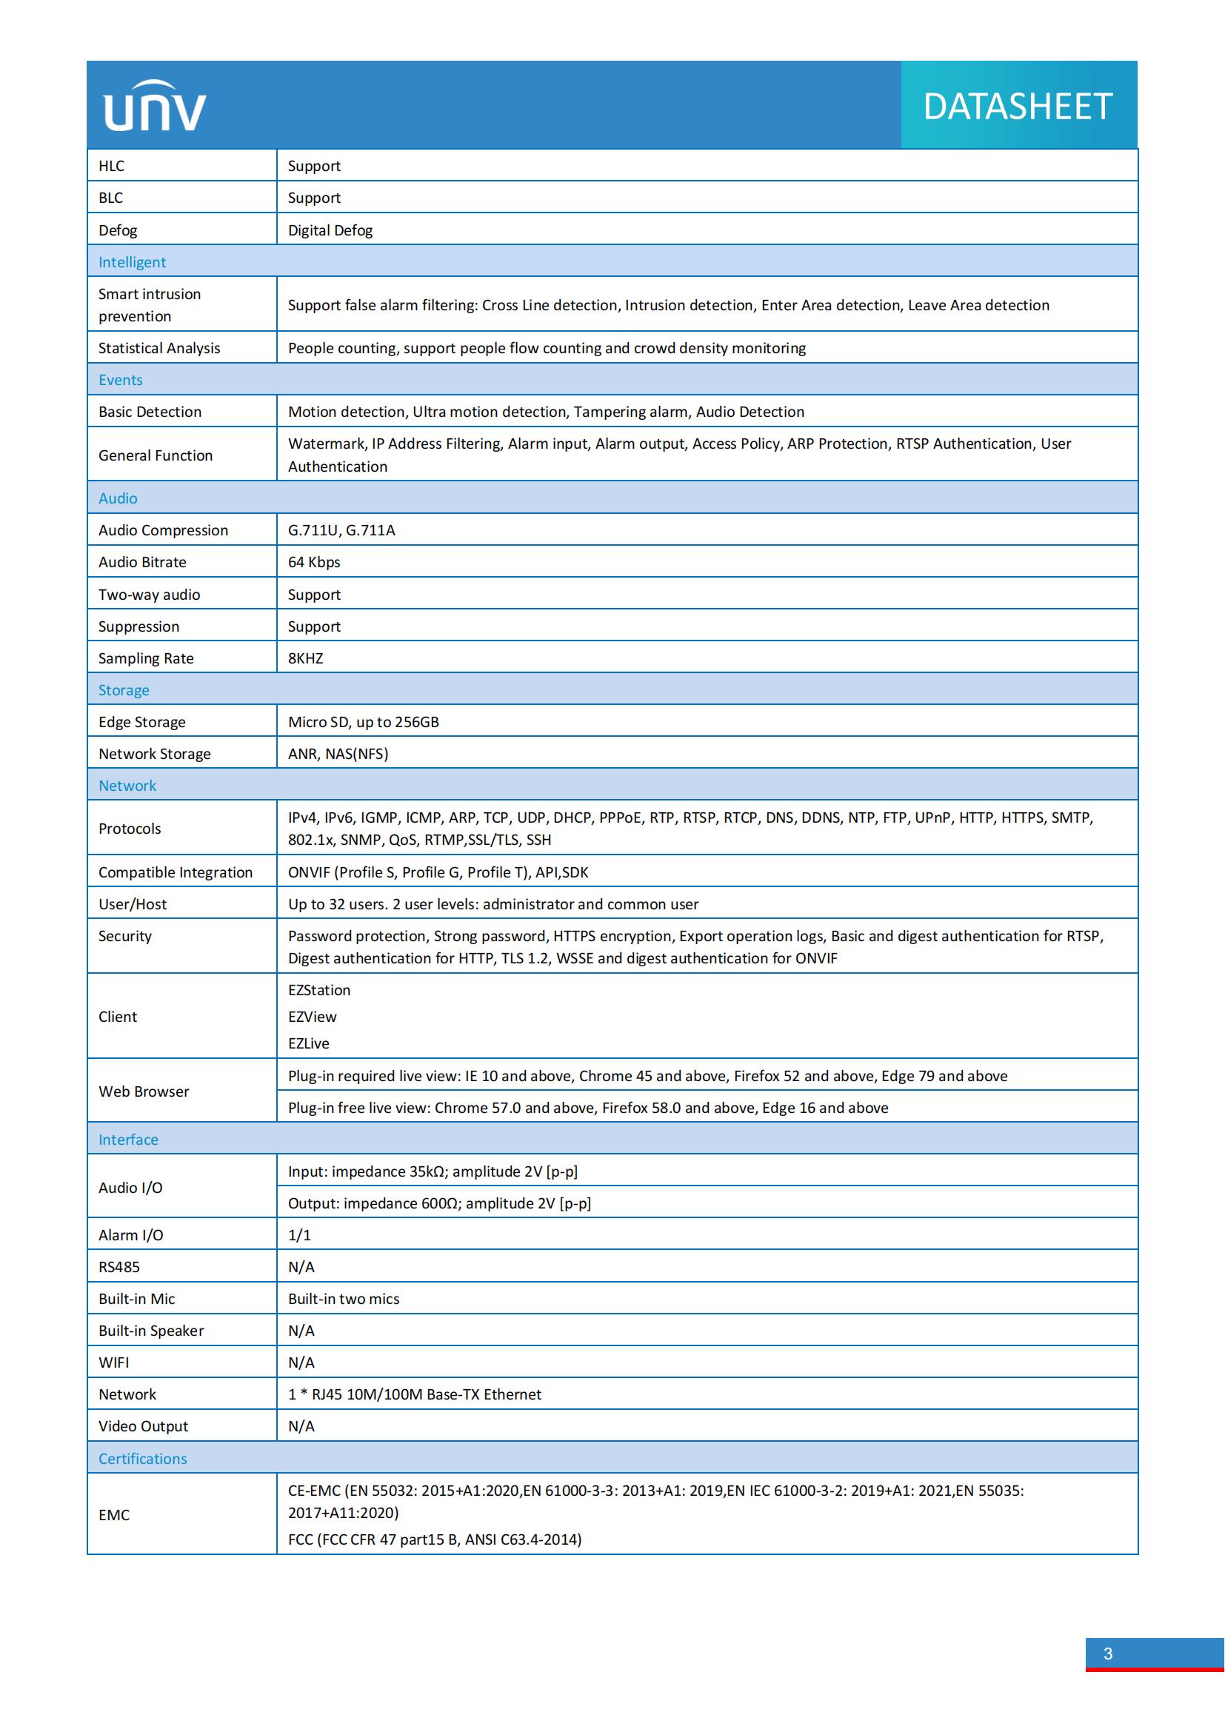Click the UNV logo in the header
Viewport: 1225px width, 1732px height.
(155, 107)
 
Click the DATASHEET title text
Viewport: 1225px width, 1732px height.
(1018, 107)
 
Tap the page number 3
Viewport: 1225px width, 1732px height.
(1107, 1654)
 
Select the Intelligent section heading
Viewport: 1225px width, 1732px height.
(132, 261)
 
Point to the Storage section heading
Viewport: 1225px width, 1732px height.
(124, 690)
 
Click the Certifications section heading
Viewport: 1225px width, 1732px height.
(142, 1458)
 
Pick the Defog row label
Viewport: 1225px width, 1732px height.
(118, 230)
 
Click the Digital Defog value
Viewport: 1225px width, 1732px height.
(330, 230)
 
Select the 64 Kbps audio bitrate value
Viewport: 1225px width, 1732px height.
(314, 562)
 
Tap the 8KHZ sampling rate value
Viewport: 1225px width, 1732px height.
(305, 658)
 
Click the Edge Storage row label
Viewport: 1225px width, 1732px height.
(141, 722)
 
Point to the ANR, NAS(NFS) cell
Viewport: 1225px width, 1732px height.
(338, 754)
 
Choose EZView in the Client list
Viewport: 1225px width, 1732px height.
(313, 1016)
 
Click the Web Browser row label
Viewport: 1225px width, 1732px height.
(144, 1091)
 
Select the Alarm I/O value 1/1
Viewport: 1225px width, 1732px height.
(299, 1235)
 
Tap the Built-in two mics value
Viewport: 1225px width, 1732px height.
(343, 1298)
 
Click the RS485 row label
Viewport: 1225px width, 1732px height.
(119, 1266)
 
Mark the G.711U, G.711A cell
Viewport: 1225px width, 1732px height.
(341, 530)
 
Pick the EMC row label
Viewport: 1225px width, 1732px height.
(114, 1515)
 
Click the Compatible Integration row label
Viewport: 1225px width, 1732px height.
(175, 872)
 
